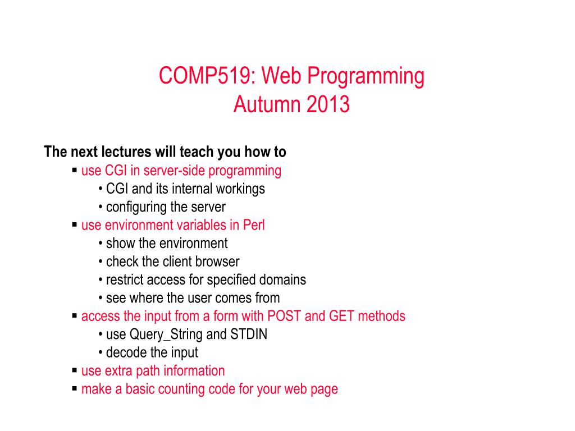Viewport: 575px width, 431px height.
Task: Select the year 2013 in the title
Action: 328,104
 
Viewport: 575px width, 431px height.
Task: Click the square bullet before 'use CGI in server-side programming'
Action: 75,170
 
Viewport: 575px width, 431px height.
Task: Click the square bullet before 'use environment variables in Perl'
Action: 75,224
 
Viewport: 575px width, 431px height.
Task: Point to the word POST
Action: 284,317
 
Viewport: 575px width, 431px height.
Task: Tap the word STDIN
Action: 249,334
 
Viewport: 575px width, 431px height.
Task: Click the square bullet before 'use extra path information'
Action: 75,370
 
